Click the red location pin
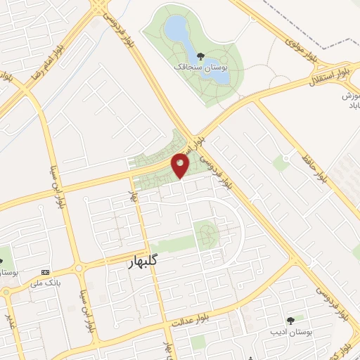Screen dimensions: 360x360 pyautogui.click(x=181, y=165)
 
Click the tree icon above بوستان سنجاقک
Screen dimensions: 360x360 pyautogui.click(x=202, y=57)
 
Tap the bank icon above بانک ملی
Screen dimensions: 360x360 pyautogui.click(x=46, y=273)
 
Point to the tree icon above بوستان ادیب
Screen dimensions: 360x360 pyautogui.click(x=290, y=320)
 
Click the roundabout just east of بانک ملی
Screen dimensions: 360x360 pyautogui.click(x=78, y=267)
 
